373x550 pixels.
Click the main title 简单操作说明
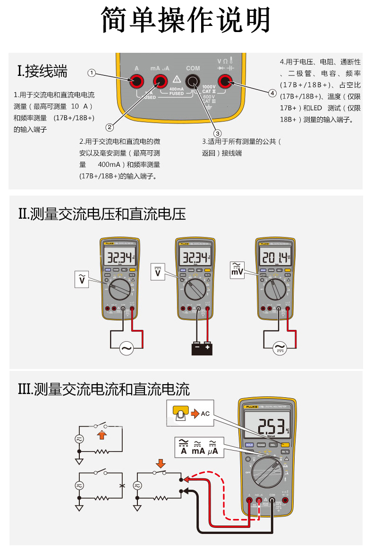(186, 20)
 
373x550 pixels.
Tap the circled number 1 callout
(92, 73)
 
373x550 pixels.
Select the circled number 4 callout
(272, 93)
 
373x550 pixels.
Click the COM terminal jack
(193, 82)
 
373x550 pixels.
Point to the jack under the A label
(136, 82)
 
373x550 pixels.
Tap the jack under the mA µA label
(160, 82)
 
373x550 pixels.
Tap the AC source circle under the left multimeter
(127, 348)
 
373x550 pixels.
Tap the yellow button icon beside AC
(181, 413)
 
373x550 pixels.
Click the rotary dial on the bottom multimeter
(267, 472)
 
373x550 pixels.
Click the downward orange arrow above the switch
(161, 464)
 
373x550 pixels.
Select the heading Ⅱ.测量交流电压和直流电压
(102, 214)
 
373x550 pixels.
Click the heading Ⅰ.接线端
(42, 71)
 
